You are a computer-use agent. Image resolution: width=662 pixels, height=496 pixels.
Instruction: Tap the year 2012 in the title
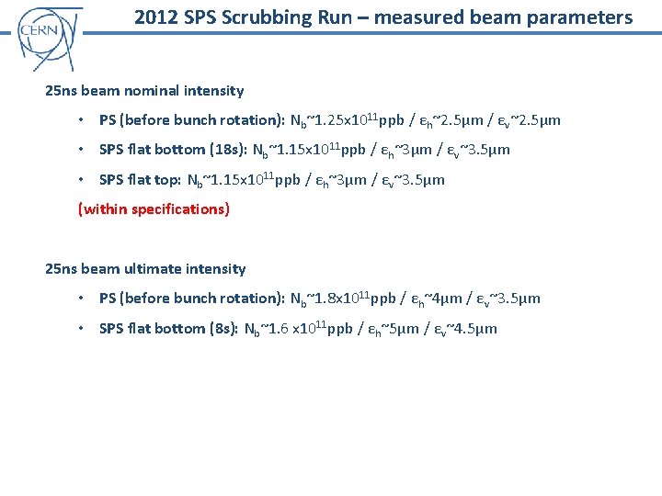154,17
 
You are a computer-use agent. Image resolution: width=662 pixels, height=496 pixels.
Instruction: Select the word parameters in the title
584,17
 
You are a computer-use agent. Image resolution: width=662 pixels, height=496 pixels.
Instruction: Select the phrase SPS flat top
139,180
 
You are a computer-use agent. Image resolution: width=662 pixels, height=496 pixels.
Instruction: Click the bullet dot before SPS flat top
83,180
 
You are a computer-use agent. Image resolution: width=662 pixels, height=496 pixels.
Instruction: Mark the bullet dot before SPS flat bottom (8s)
83,329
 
